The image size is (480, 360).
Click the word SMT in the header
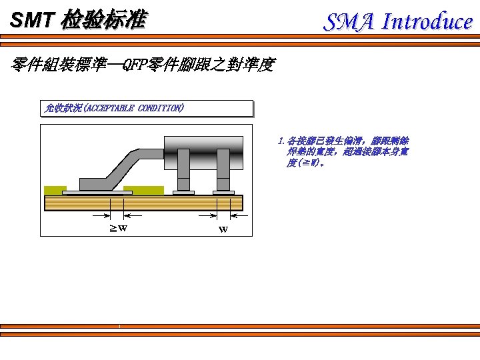click(x=31, y=21)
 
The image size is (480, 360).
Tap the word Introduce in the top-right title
click(x=427, y=22)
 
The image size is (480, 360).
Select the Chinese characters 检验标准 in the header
click(x=103, y=21)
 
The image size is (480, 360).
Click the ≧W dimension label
click(x=119, y=228)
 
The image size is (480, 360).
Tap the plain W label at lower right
click(x=223, y=230)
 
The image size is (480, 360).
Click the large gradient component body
click(x=203, y=145)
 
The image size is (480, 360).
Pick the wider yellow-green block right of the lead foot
click(x=144, y=190)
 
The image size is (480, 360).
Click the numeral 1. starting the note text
click(x=282, y=141)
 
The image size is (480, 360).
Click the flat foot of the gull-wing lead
click(x=100, y=184)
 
